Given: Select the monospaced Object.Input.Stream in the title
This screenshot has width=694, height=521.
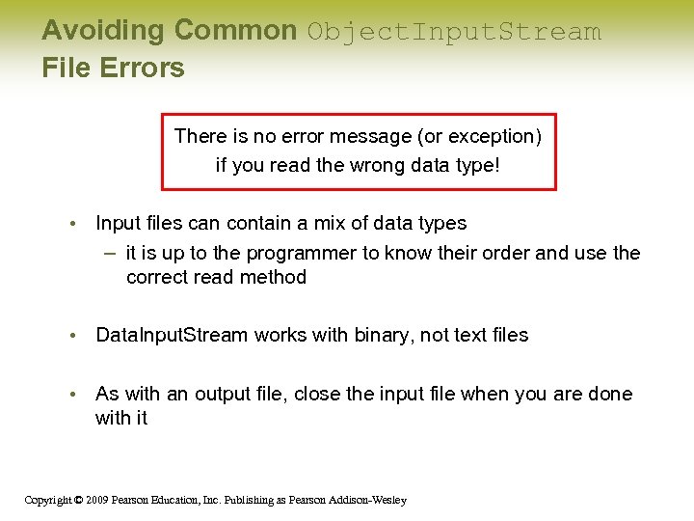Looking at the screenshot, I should pos(454,32).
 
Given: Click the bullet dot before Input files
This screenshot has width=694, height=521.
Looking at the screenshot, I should pos(72,224).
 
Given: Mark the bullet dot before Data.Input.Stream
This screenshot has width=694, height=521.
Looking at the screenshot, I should pos(72,336).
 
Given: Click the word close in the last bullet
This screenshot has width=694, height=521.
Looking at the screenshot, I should pos(318,394).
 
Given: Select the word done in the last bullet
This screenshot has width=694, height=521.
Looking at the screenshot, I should pos(612,394).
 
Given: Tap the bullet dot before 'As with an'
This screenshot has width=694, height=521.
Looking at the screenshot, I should pos(72,395).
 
